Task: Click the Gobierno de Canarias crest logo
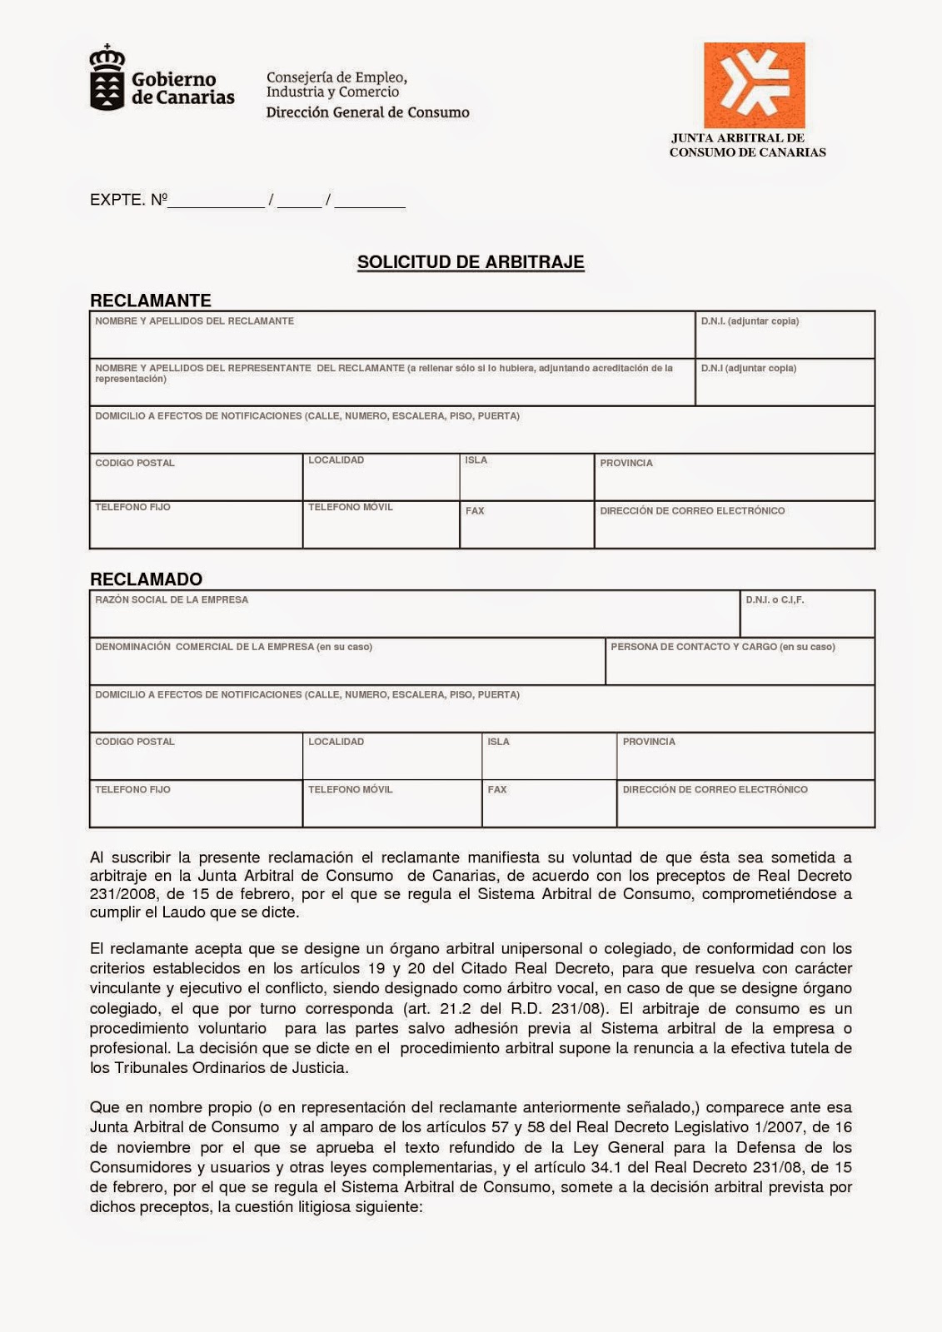point(107,79)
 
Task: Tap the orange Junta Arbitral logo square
point(754,85)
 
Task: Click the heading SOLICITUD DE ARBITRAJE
point(471,262)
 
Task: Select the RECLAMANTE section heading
point(151,301)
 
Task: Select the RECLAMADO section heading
point(146,579)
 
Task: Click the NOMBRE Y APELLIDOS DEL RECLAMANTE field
point(391,335)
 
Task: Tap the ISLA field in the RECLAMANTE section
point(526,478)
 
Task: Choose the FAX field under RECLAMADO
point(549,804)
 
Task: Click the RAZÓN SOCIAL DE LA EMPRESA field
point(414,614)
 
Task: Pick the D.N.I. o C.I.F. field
point(806,614)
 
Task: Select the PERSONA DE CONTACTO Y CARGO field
point(739,663)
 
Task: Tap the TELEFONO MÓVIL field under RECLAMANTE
point(381,525)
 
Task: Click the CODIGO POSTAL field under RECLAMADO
point(196,757)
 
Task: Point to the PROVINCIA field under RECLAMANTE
point(734,478)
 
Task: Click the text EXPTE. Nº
point(128,200)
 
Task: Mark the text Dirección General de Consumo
point(367,112)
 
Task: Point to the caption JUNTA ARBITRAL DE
point(738,138)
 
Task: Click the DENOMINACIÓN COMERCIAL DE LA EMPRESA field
point(346,663)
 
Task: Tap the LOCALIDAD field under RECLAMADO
point(391,757)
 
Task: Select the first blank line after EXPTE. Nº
point(217,201)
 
